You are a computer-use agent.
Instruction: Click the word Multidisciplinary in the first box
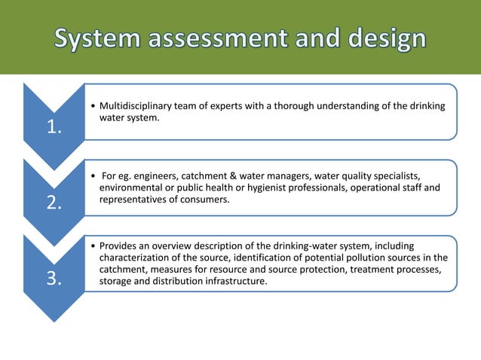point(136,107)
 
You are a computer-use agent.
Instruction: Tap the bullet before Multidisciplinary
point(92,107)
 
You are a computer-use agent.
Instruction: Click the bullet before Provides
point(92,246)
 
